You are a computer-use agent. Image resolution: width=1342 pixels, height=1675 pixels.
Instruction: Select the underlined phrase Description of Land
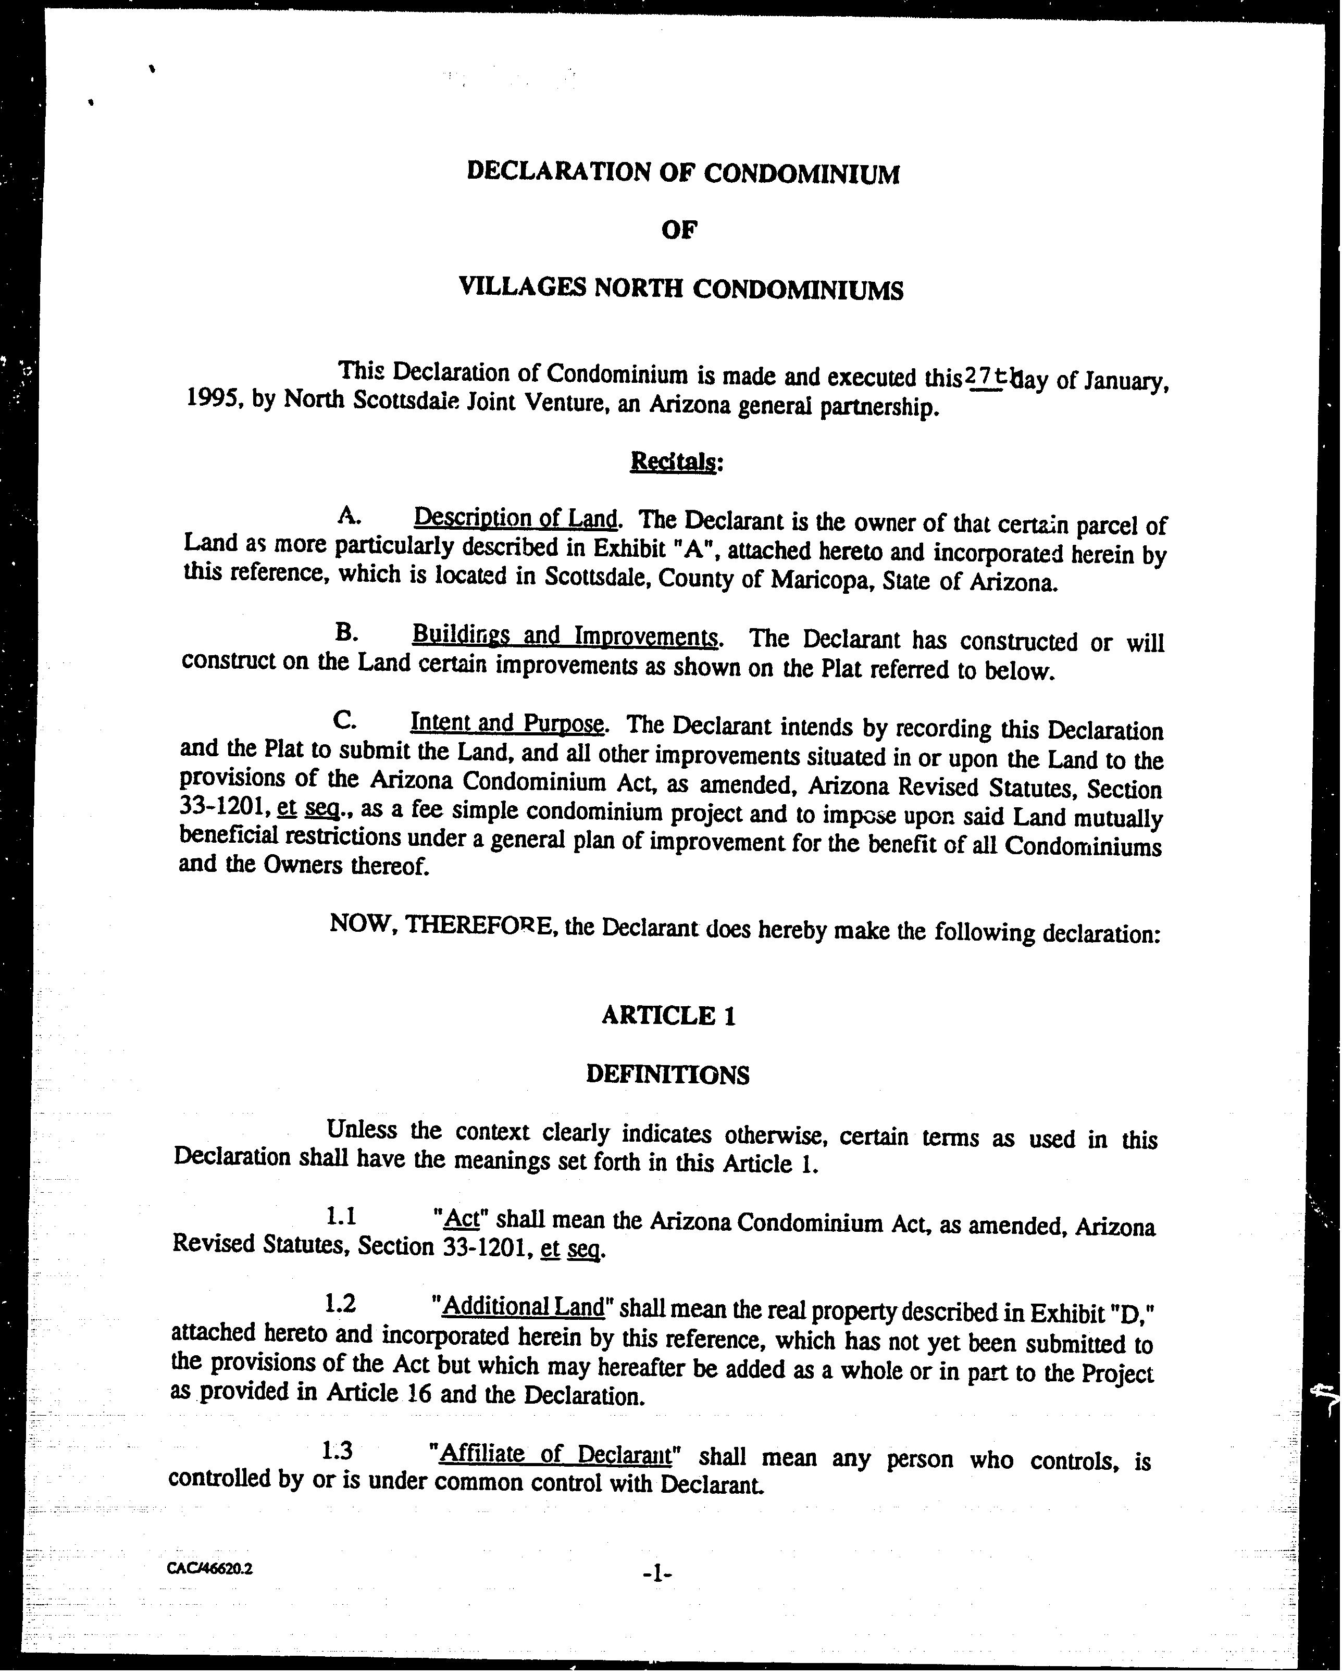pos(515,517)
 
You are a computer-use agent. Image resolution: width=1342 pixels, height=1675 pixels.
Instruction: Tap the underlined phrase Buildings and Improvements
pos(565,636)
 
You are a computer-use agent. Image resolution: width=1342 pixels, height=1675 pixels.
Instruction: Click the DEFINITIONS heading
pos(667,1074)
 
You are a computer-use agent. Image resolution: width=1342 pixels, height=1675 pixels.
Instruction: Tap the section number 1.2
pos(340,1303)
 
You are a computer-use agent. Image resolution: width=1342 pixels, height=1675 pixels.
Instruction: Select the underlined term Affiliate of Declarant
pos(555,1453)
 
